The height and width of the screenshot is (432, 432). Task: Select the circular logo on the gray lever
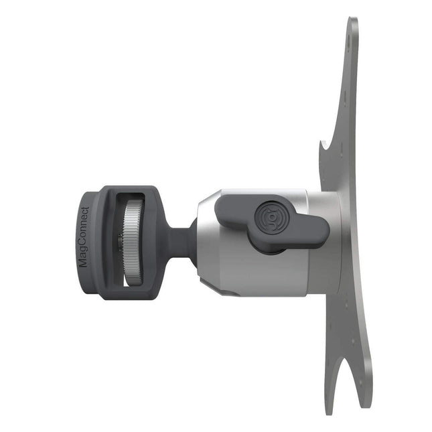click(x=271, y=217)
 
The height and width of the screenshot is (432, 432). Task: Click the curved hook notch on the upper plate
click(x=325, y=149)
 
